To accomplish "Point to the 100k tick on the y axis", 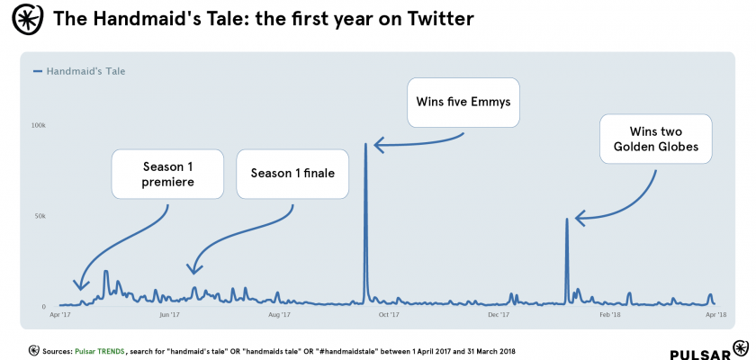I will tap(39, 125).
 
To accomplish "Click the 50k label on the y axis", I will tap(39, 216).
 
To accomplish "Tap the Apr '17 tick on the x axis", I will tap(59, 315).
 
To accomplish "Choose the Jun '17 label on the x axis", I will tap(169, 315).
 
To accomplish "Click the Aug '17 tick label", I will tap(279, 315).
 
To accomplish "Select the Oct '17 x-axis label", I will tap(389, 315).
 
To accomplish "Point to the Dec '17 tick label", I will tap(499, 315).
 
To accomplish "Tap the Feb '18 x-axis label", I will tap(609, 315).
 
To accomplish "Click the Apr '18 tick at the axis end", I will tap(715, 315).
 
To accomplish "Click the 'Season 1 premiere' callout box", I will tap(167, 175).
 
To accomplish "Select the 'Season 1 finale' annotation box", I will tap(292, 174).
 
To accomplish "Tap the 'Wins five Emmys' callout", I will tap(463, 102).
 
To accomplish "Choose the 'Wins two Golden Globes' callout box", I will tap(655, 138).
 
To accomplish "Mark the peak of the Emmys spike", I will tap(364, 143).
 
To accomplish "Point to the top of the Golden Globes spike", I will tap(566, 219).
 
